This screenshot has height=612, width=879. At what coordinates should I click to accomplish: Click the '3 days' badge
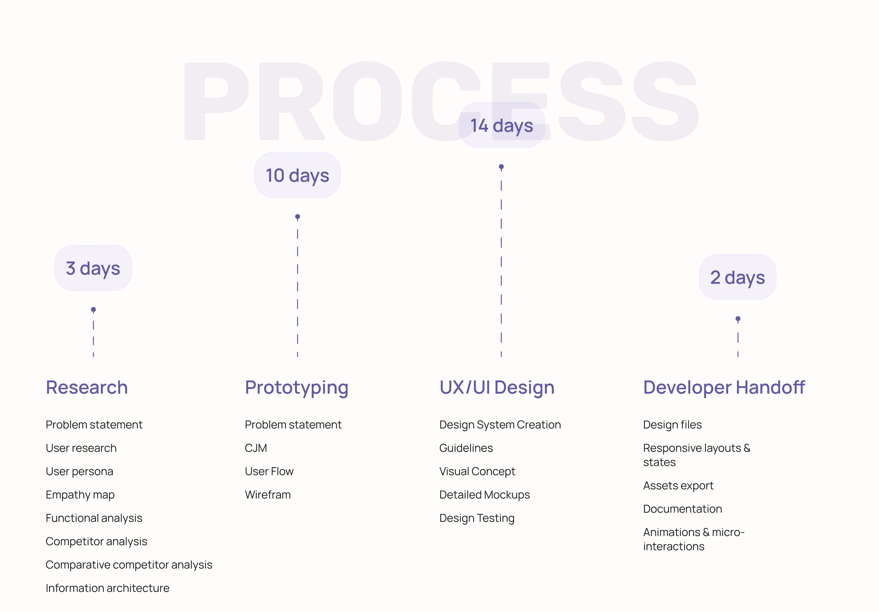click(93, 268)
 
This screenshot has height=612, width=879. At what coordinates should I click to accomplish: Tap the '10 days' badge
click(297, 175)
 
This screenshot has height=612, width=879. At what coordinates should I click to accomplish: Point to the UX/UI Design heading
click(497, 388)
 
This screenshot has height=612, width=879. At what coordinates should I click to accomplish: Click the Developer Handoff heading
click(724, 387)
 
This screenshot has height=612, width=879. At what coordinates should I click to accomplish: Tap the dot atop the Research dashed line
click(93, 309)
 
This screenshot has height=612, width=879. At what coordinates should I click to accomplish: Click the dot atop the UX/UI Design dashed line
click(501, 166)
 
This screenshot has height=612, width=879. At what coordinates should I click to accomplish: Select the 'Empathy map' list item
click(80, 495)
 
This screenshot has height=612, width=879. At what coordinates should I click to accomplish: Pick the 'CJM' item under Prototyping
click(256, 448)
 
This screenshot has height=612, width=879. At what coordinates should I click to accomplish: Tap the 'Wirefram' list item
click(268, 494)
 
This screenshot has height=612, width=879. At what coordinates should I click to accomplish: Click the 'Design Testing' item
click(477, 518)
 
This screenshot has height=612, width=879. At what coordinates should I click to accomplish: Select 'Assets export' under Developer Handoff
click(678, 486)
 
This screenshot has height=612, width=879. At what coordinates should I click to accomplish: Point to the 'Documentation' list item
click(682, 509)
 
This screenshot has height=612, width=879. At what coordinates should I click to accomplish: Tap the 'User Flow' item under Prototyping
click(269, 471)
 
